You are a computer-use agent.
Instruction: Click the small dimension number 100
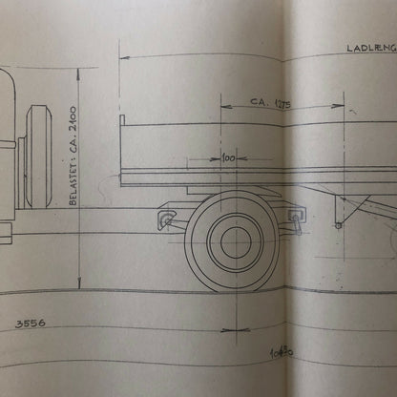pos(227,157)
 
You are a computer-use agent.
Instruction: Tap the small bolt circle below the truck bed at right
pos(338,225)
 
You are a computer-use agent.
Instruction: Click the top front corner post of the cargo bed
pos(121,119)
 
